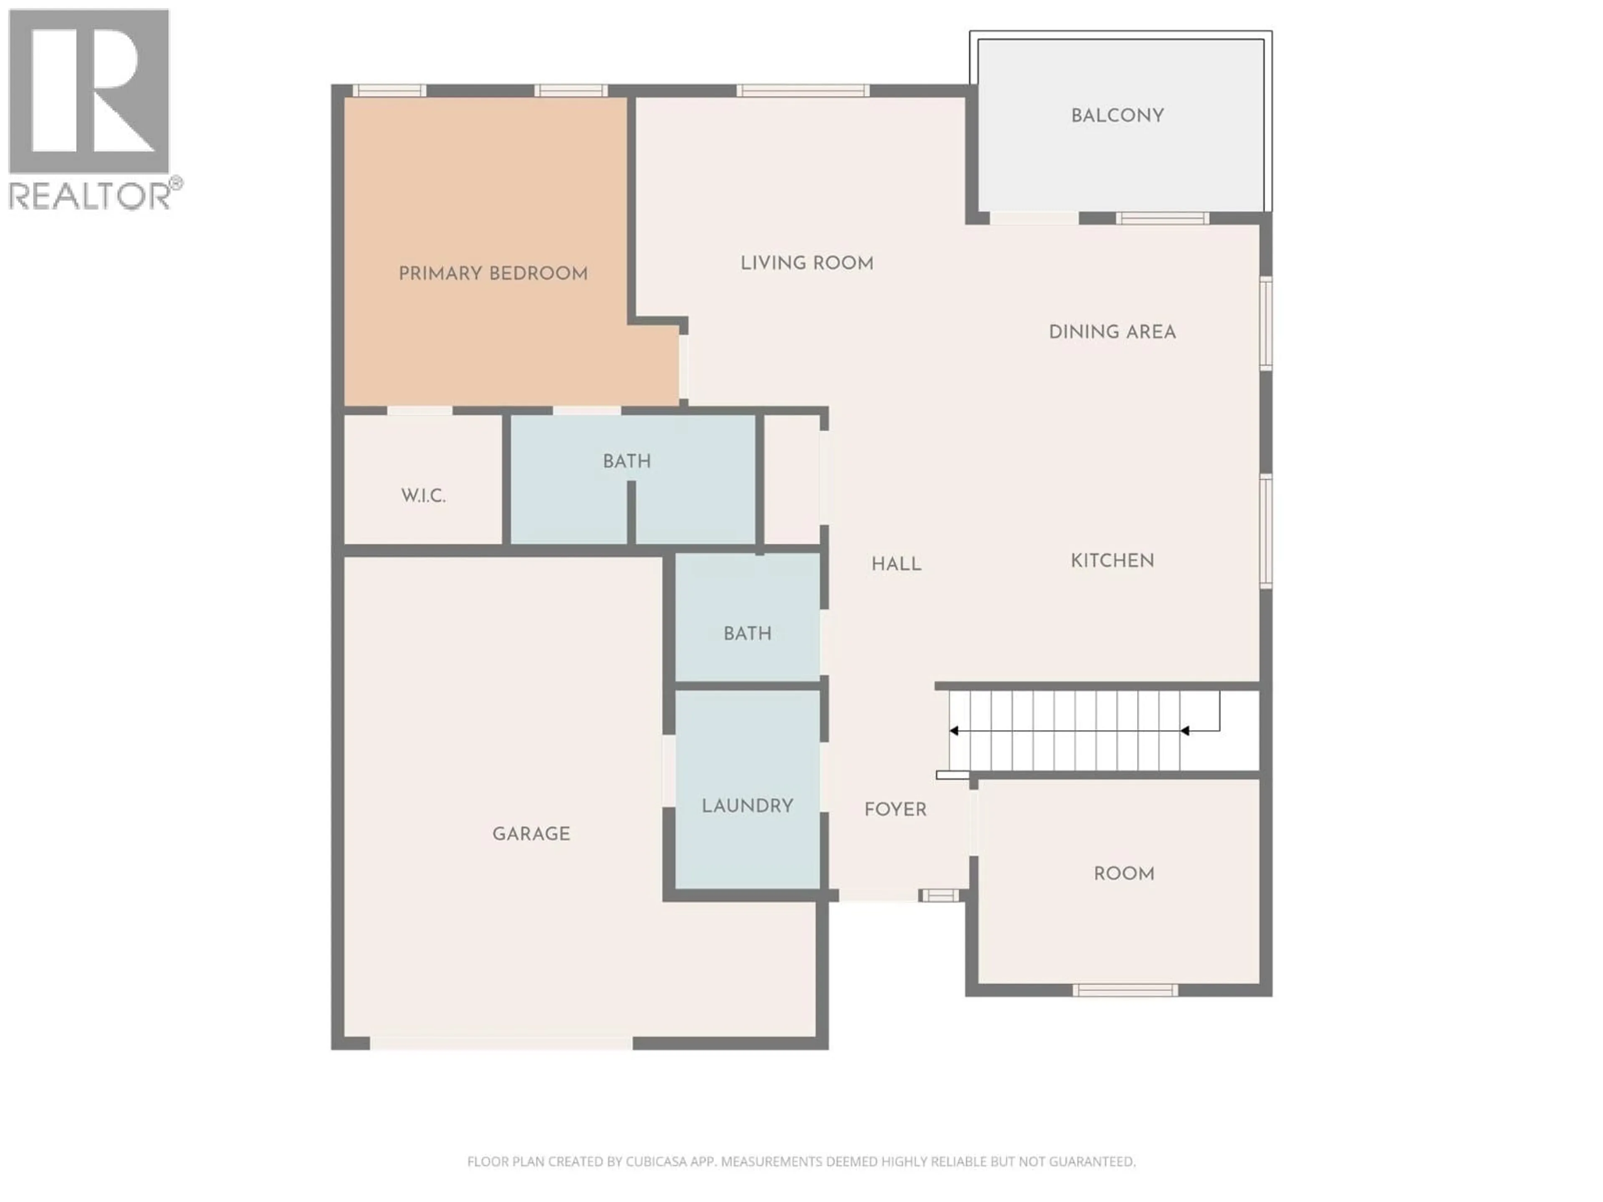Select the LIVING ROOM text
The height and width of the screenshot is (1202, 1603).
pyautogui.click(x=807, y=263)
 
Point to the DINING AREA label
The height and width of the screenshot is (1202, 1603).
pyautogui.click(x=1112, y=332)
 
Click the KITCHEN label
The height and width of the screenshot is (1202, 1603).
pyautogui.click(x=1112, y=560)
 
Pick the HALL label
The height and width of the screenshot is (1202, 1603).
pyautogui.click(x=896, y=564)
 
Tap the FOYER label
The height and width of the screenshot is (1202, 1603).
pyautogui.click(x=895, y=809)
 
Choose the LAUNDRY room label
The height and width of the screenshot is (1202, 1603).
pyautogui.click(x=747, y=806)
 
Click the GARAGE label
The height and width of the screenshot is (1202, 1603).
pyautogui.click(x=531, y=834)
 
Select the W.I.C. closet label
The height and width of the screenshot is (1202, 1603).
pyautogui.click(x=423, y=495)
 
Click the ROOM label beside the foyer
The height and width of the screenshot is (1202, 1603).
pyautogui.click(x=1123, y=874)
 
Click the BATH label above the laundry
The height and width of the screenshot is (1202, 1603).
pyautogui.click(x=747, y=633)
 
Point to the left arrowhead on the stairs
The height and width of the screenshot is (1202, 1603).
pyautogui.click(x=954, y=731)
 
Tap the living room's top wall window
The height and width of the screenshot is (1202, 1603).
pyautogui.click(x=802, y=91)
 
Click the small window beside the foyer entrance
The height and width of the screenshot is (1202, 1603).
pyautogui.click(x=939, y=896)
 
